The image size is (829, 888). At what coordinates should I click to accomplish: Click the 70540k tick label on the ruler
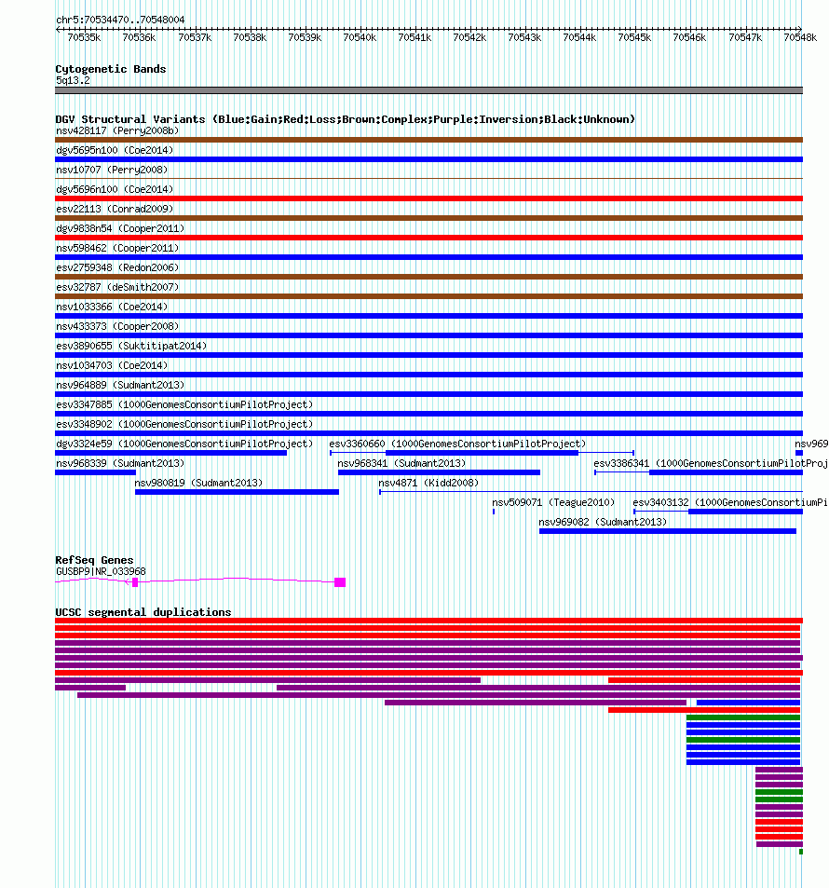coord(360,37)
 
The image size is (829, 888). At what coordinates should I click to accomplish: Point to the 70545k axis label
coord(634,37)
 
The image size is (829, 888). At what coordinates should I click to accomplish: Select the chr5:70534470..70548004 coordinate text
coord(120,20)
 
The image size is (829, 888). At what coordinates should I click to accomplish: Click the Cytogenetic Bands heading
coord(111,69)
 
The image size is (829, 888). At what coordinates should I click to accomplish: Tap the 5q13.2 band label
coord(73,80)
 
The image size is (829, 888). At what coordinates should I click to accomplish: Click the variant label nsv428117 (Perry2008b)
coord(117,130)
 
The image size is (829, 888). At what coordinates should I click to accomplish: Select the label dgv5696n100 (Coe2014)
coord(115,189)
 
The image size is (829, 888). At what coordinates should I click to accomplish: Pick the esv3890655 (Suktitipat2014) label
coord(131,346)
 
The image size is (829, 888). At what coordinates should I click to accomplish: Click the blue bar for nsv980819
coord(237,492)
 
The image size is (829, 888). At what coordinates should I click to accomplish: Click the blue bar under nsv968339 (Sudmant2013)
coord(95,472)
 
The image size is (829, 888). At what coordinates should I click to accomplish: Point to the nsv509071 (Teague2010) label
coord(553,502)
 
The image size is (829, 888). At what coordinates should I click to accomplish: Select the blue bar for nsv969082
coord(668,531)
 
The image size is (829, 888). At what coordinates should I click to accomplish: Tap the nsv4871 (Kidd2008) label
coord(428,483)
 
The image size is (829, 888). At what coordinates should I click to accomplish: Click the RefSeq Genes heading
coord(94,560)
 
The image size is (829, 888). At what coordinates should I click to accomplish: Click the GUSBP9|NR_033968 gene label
coord(101,571)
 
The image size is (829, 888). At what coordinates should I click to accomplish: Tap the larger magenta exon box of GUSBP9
coord(340,582)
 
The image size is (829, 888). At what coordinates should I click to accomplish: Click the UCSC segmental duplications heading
coord(143,612)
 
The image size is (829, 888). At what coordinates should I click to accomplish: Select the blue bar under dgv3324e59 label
coord(171,453)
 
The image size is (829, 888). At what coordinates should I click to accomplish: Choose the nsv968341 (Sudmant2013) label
coord(401,463)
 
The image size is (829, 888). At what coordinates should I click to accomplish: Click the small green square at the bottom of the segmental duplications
coord(801,852)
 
